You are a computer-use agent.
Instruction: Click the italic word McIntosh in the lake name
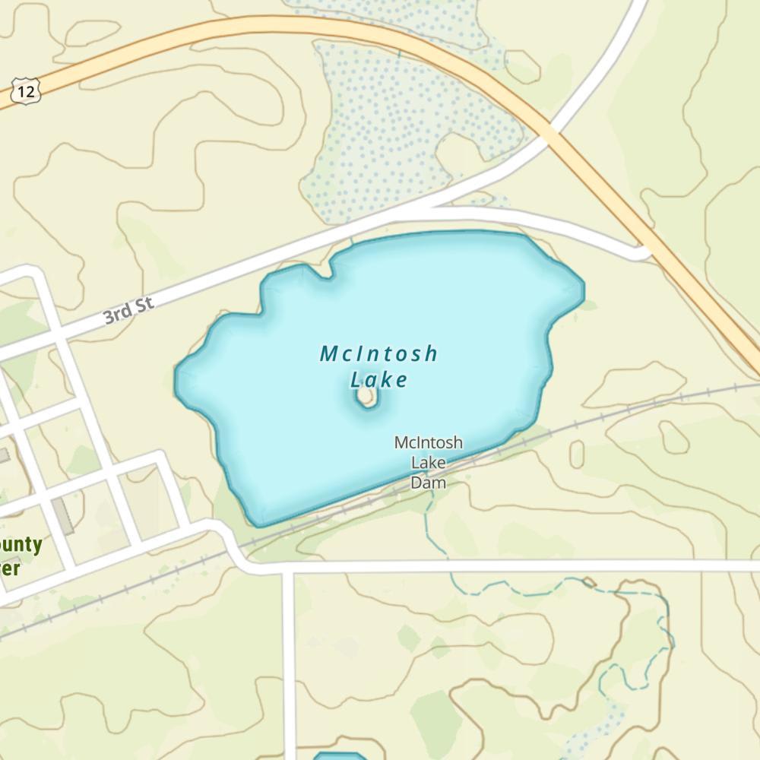click(378, 353)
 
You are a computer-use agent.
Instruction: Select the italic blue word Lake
click(379, 379)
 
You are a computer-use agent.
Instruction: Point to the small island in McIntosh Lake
click(368, 397)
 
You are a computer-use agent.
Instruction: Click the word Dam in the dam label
click(428, 482)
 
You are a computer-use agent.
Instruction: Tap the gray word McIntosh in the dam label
click(428, 442)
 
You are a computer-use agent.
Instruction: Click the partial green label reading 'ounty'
click(21, 546)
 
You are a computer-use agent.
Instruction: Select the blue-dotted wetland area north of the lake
click(395, 129)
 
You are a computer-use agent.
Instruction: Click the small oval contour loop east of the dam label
click(577, 454)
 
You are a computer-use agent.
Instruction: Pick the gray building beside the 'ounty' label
click(63, 516)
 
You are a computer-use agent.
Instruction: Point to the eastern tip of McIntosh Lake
click(583, 291)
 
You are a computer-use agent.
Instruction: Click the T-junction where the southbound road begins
click(289, 568)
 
